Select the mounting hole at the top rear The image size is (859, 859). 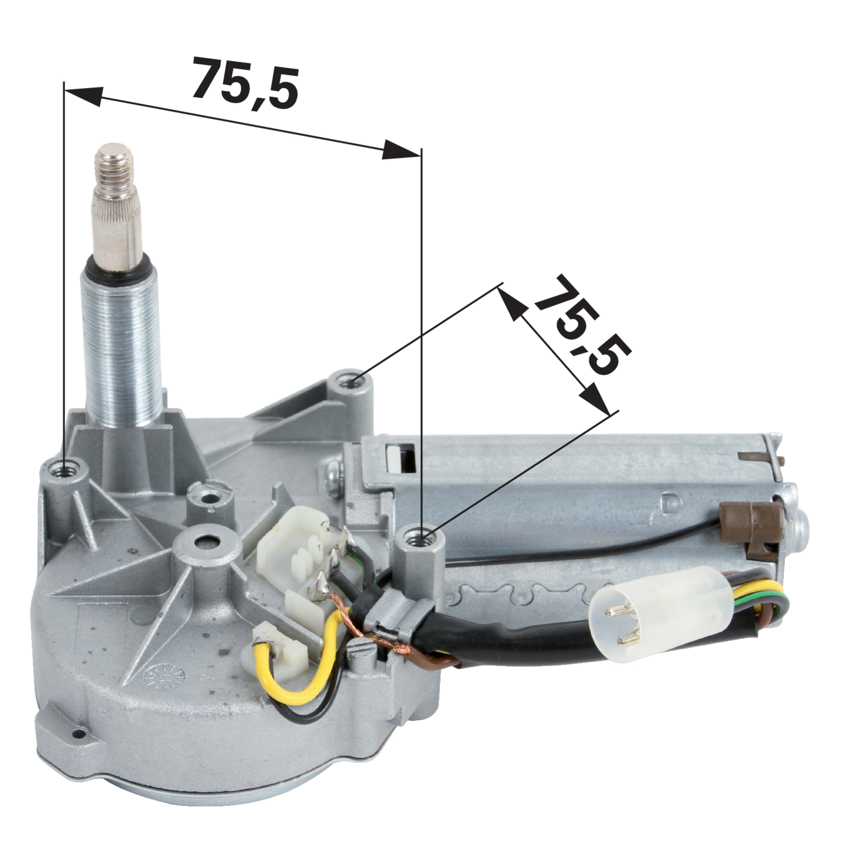tap(352, 383)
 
